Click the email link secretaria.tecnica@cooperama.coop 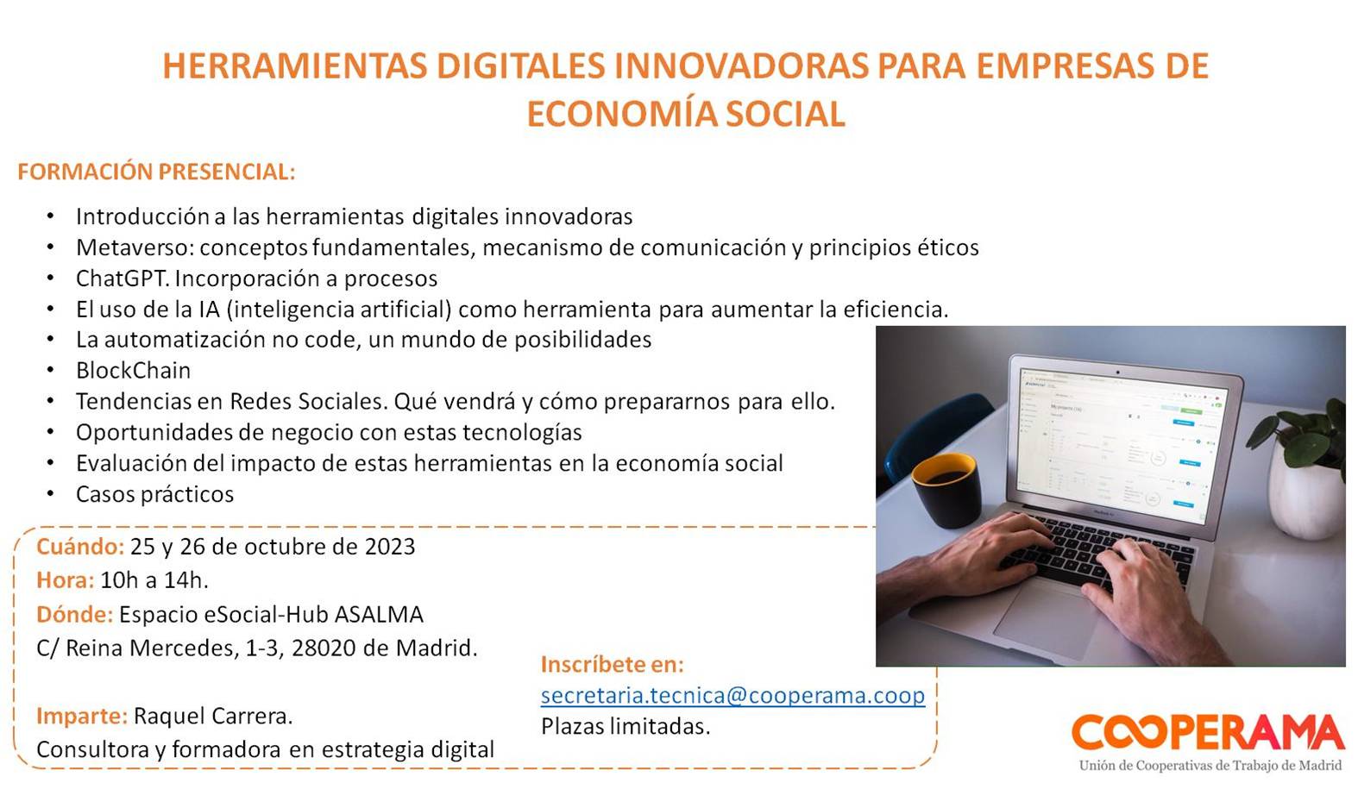click(x=732, y=695)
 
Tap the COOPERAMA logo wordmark click(x=1208, y=731)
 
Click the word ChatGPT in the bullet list click(x=122, y=279)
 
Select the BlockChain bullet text click(x=134, y=370)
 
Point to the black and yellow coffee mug click(x=946, y=490)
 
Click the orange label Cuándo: click(x=80, y=547)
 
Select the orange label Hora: click(x=65, y=580)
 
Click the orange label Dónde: click(x=74, y=614)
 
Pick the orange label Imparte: click(x=82, y=716)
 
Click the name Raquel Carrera click(x=213, y=716)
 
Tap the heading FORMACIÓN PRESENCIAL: click(x=156, y=172)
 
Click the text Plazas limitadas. click(x=625, y=726)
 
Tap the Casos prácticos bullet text click(x=154, y=495)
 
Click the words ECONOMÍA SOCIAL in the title click(x=686, y=114)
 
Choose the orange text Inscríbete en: click(x=613, y=664)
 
